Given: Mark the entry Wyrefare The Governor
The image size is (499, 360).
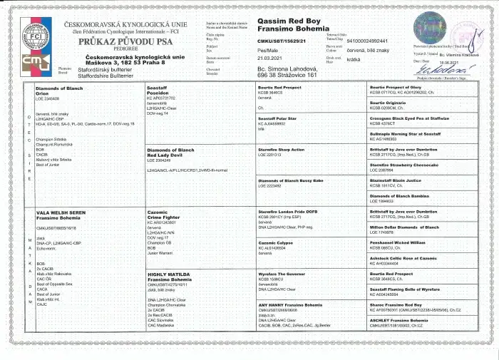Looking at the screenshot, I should coord(282,274).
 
